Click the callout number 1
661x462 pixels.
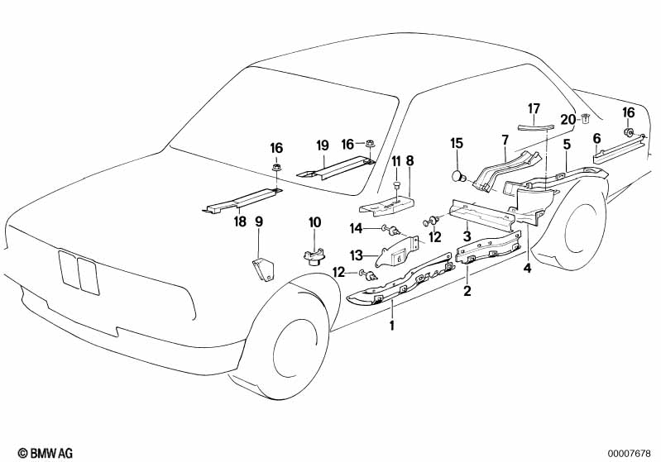pyautogui.click(x=392, y=324)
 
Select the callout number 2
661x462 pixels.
pyautogui.click(x=467, y=290)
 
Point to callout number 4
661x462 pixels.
pyautogui.click(x=527, y=268)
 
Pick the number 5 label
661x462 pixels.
pyautogui.click(x=567, y=145)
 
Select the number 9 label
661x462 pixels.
pyautogui.click(x=259, y=221)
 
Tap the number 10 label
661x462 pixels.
pyautogui.click(x=314, y=221)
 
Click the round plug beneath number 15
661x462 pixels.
pyautogui.click(x=457, y=175)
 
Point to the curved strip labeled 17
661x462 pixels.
pyautogui.click(x=534, y=123)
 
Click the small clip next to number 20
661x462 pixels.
pyautogui.click(x=586, y=118)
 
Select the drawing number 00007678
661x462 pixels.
pyautogui.click(x=632, y=452)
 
